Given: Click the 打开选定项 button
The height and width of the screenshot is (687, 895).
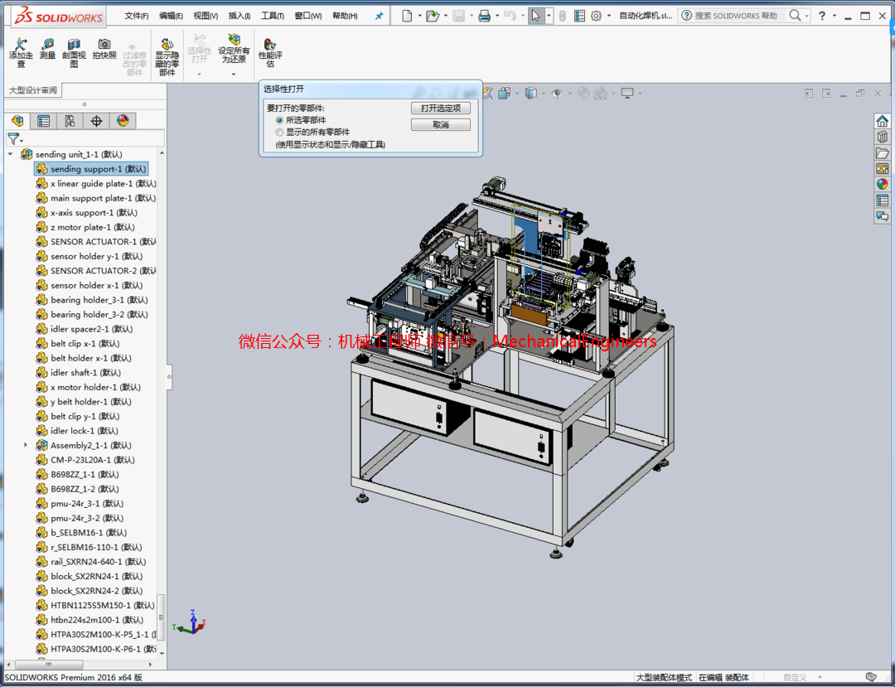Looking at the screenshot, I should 440,109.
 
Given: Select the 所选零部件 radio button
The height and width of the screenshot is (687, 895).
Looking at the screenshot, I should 279,120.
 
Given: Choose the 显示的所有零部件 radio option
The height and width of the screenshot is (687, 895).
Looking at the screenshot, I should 279,132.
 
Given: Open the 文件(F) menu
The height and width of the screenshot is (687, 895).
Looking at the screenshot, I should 137,16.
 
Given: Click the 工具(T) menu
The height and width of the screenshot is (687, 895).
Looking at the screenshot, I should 272,16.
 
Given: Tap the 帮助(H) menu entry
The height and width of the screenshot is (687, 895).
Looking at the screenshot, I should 345,16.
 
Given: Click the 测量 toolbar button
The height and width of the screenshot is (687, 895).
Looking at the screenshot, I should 47,49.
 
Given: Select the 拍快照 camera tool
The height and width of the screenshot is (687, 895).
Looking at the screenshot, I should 104,49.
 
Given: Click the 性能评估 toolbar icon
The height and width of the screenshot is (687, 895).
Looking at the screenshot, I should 270,52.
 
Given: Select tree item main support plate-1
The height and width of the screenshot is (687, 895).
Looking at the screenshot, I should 90,198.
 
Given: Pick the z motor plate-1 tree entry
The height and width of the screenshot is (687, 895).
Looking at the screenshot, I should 80,227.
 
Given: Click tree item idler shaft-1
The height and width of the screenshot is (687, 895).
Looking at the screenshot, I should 73,373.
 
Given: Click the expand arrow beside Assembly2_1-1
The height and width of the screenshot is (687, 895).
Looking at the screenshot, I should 26,445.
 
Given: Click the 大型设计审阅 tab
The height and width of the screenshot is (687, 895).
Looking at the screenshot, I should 33,90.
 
